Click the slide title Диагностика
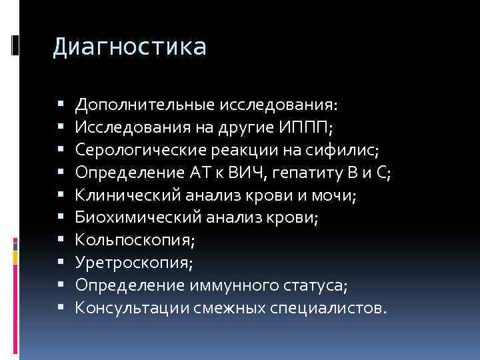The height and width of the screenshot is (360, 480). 130,47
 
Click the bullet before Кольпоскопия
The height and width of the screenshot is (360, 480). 61,241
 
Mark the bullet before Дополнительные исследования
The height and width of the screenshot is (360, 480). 61,105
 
